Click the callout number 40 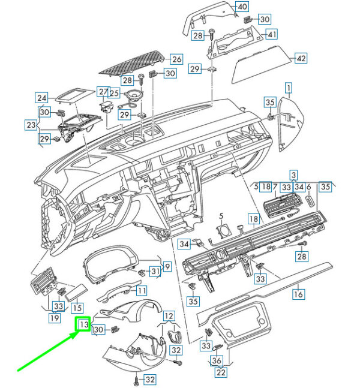(x=242, y=7)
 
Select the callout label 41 (x=272, y=34)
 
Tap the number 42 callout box (x=301, y=58)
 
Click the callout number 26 (x=177, y=59)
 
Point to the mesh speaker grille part (x=132, y=62)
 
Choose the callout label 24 (x=41, y=98)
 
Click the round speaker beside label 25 (x=133, y=95)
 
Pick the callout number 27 (x=103, y=92)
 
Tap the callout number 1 (x=289, y=88)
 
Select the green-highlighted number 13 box (x=83, y=324)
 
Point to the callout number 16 (x=298, y=294)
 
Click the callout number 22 (x=221, y=372)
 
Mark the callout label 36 (x=217, y=360)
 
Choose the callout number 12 (x=169, y=316)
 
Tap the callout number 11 (x=142, y=290)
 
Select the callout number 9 (x=167, y=266)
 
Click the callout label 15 (x=77, y=308)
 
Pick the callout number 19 (x=55, y=317)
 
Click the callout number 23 (x=31, y=125)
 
